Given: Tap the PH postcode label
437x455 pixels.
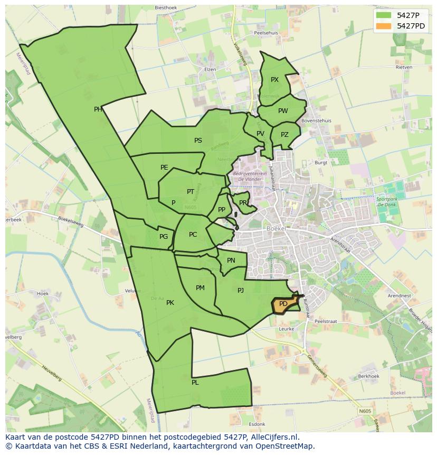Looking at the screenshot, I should (x=98, y=109).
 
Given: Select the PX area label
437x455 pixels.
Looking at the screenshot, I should (x=274, y=80).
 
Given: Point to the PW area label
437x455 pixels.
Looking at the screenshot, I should (x=283, y=111).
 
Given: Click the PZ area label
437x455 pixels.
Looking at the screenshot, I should (x=284, y=135).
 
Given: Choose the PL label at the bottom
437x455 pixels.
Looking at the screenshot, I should (x=195, y=383).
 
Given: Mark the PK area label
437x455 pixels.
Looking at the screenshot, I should (x=170, y=303).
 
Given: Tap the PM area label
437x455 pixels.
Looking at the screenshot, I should (x=200, y=288).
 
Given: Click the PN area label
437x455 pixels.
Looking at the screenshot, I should (x=231, y=261).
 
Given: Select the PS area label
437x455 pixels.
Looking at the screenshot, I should (x=198, y=141).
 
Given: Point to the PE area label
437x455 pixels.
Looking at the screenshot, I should (x=164, y=168).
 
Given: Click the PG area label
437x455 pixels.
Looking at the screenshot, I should (x=164, y=237).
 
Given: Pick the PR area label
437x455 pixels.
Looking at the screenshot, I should (x=243, y=202).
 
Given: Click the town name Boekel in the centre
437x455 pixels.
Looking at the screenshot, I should (x=277, y=228).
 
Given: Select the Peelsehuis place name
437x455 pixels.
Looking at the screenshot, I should (x=266, y=33).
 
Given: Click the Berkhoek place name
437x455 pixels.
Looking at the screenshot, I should (x=368, y=376).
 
